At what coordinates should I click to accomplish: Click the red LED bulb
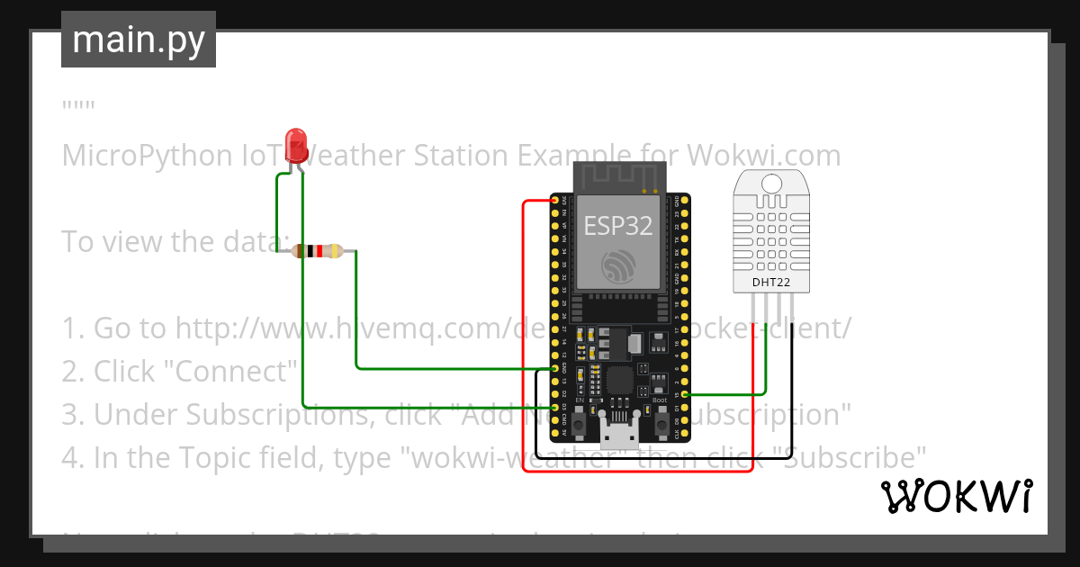point(295,145)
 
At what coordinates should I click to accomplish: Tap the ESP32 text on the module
point(617,225)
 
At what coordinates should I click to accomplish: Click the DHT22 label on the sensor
point(770,283)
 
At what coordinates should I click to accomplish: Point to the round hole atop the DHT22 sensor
point(770,184)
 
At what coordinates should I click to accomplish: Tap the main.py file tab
point(138,40)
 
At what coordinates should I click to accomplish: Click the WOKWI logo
point(956,496)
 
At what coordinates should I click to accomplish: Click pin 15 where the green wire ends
point(686,394)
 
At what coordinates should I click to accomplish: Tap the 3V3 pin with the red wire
point(553,200)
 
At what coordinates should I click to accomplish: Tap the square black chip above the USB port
point(619,380)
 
